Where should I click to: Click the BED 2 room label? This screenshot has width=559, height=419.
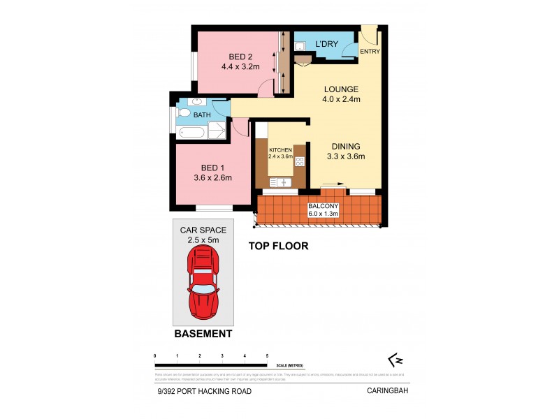(x=240, y=57)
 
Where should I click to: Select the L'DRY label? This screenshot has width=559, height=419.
(x=326, y=45)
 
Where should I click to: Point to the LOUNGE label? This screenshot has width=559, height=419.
(x=340, y=89)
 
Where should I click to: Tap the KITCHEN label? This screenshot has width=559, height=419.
(x=280, y=150)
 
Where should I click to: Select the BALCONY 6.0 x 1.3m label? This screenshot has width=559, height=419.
(x=324, y=210)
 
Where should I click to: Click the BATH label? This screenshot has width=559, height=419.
(x=202, y=115)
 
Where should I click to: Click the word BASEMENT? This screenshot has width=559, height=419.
(x=203, y=335)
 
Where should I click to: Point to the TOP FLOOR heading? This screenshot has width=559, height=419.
(x=279, y=246)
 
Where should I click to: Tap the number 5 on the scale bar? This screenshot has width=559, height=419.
(x=267, y=356)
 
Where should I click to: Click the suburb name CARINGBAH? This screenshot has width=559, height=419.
(x=387, y=391)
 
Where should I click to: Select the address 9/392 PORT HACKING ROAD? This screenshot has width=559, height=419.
(x=204, y=391)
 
